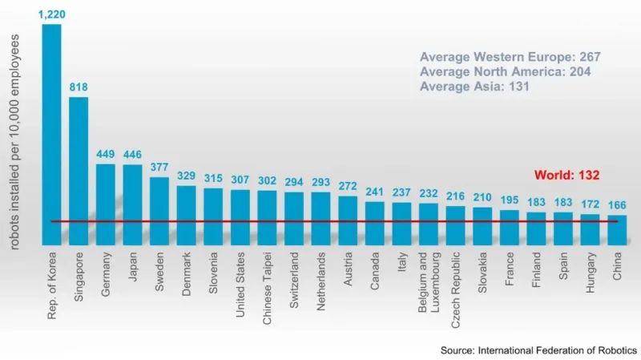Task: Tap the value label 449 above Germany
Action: tap(106, 154)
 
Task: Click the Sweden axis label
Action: tap(160, 275)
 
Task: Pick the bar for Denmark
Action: tap(187, 215)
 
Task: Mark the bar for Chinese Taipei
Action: tap(268, 217)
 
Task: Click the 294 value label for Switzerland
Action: tap(294, 182)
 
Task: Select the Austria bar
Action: tap(348, 220)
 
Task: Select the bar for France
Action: tap(510, 227)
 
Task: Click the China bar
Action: tap(617, 229)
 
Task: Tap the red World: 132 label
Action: tap(566, 175)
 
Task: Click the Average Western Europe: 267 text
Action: tap(510, 57)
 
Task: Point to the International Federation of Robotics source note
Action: tap(538, 350)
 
